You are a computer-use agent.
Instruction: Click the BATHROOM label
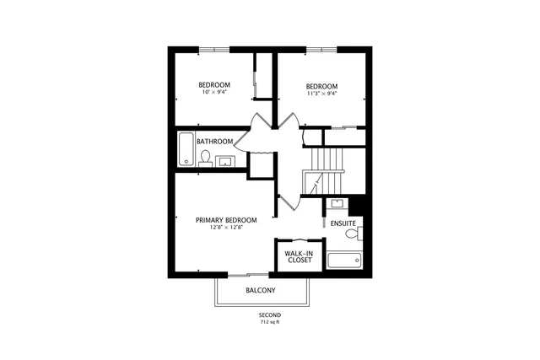point(214,142)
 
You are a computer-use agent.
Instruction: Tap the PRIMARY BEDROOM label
point(226,220)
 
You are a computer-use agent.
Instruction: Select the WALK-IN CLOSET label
point(298,257)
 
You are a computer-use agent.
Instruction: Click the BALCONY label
point(261,291)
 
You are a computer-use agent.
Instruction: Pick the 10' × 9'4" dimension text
point(214,93)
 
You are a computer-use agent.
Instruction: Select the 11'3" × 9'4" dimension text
point(321,94)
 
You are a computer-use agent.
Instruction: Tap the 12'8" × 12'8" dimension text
point(226,228)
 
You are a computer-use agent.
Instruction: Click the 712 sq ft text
point(270,322)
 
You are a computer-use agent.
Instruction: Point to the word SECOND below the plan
point(270,314)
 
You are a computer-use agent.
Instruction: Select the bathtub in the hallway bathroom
point(186,149)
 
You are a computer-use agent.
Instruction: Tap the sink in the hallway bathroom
point(225,161)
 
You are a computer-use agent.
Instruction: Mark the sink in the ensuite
point(337,203)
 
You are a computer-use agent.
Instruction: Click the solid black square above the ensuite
point(356,204)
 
